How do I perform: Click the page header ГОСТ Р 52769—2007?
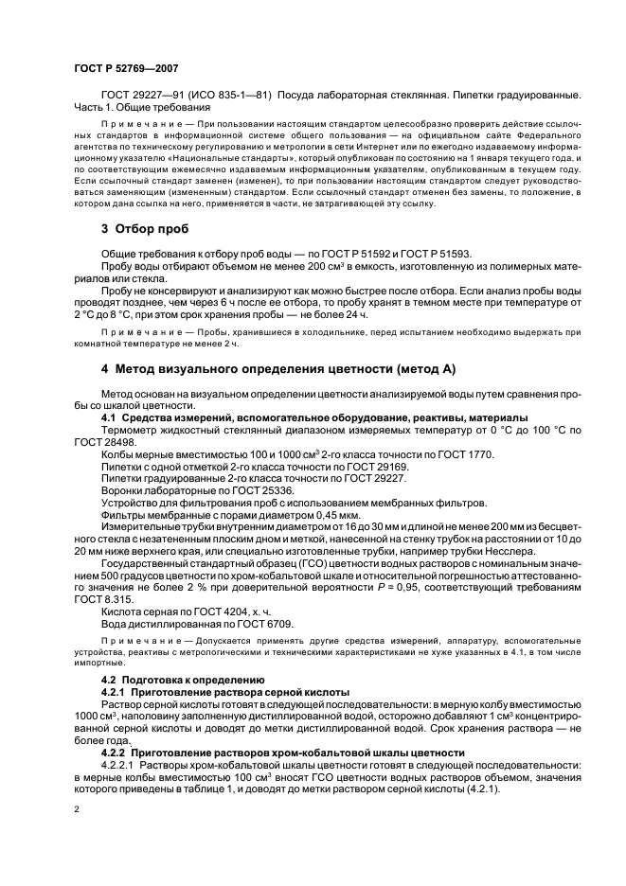pos(125,69)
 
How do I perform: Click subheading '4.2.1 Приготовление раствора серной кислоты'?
pos(225,691)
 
